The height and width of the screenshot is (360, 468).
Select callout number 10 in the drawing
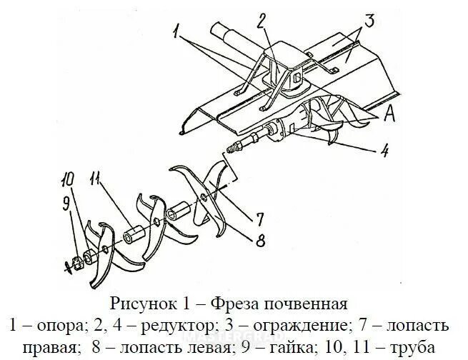[67, 177]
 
